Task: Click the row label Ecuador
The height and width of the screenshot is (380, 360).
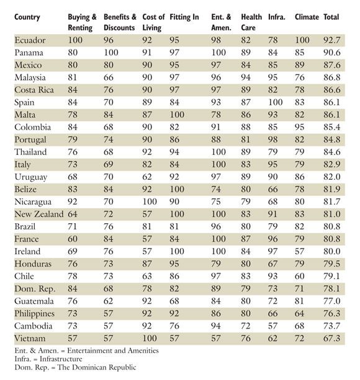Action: [30, 40]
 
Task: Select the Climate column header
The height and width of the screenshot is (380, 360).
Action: [307, 17]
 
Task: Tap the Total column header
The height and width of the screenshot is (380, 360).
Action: [331, 17]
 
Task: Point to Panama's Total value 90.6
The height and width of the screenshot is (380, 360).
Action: [332, 53]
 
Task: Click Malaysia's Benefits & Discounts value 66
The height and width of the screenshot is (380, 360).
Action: [109, 77]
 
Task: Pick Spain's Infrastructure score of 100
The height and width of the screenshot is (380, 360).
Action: [276, 102]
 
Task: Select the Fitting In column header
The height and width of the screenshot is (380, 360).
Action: [184, 17]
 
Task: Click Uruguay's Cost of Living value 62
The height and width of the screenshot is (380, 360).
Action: [147, 177]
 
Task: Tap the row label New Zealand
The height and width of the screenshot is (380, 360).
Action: [39, 214]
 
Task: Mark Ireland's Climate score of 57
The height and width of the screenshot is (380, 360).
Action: [299, 252]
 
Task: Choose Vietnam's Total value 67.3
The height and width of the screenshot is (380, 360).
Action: [332, 338]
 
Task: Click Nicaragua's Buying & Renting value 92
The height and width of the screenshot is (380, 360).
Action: [73, 201]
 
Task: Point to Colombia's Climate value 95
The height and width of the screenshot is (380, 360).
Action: [299, 127]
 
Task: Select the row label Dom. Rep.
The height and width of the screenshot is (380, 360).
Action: [35, 289]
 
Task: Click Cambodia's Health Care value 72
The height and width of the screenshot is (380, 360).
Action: [246, 326]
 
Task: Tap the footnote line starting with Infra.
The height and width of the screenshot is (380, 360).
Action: [48, 359]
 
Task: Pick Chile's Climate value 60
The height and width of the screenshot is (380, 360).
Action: [299, 276]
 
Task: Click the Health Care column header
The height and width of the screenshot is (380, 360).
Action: [251, 22]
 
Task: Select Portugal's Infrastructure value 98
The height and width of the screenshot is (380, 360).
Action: [272, 139]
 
